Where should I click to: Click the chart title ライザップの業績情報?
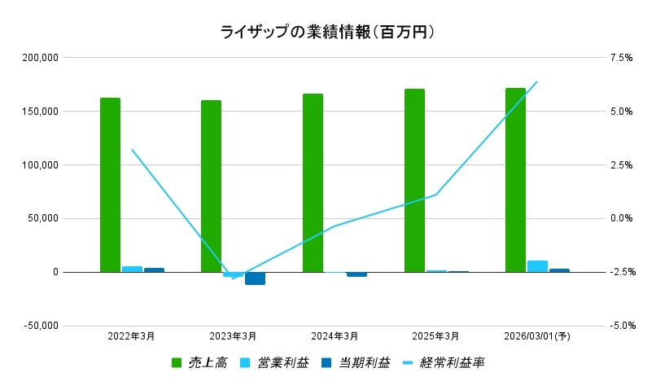[327, 32]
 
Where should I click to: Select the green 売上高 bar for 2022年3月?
[110, 185]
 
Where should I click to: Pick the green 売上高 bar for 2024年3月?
[313, 183]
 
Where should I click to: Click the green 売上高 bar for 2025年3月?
[414, 181]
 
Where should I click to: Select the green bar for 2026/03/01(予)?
[515, 180]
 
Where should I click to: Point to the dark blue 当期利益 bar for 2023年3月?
[255, 278]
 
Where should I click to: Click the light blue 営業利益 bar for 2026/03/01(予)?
[537, 266]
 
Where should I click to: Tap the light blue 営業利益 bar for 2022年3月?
[132, 269]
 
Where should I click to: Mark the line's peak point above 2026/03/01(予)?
[536, 82]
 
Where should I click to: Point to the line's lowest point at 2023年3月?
[234, 278]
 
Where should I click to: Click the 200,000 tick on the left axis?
[41, 58]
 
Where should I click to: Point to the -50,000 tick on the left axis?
[41, 326]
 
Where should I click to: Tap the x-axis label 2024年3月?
[335, 335]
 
